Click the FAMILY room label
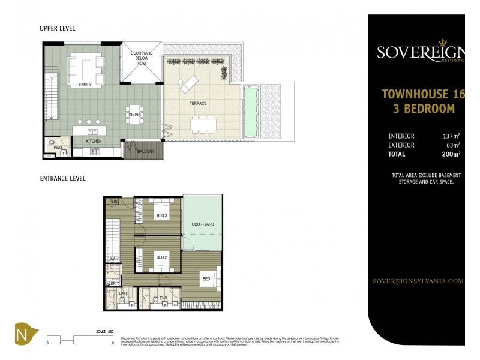click(85, 85)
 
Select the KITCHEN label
click(94, 141)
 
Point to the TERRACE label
click(198, 103)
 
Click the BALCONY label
click(145, 151)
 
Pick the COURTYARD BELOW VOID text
click(142, 57)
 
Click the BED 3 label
click(161, 215)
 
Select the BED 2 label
click(161, 257)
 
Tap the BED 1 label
click(207, 279)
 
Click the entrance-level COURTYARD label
click(203, 224)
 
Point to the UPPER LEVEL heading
click(57, 28)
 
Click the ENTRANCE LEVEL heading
click(62, 178)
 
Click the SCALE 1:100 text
click(104, 331)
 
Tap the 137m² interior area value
click(451, 136)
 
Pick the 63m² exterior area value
click(452, 145)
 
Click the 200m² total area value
click(451, 154)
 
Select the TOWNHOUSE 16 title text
click(423, 94)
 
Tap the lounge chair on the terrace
click(188, 84)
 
